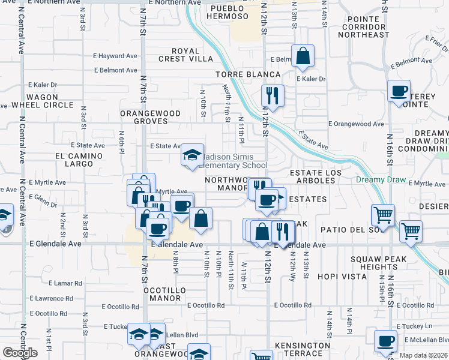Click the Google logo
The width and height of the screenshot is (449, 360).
(20, 353)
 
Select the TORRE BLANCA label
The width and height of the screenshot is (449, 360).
(249, 74)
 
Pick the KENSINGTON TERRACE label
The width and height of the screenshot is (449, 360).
(303, 349)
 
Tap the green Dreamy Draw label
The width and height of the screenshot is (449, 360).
(381, 180)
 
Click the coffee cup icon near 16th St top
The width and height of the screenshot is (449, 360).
(398, 91)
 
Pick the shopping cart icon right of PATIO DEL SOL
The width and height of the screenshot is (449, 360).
(411, 230)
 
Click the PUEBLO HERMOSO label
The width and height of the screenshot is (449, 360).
(228, 13)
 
